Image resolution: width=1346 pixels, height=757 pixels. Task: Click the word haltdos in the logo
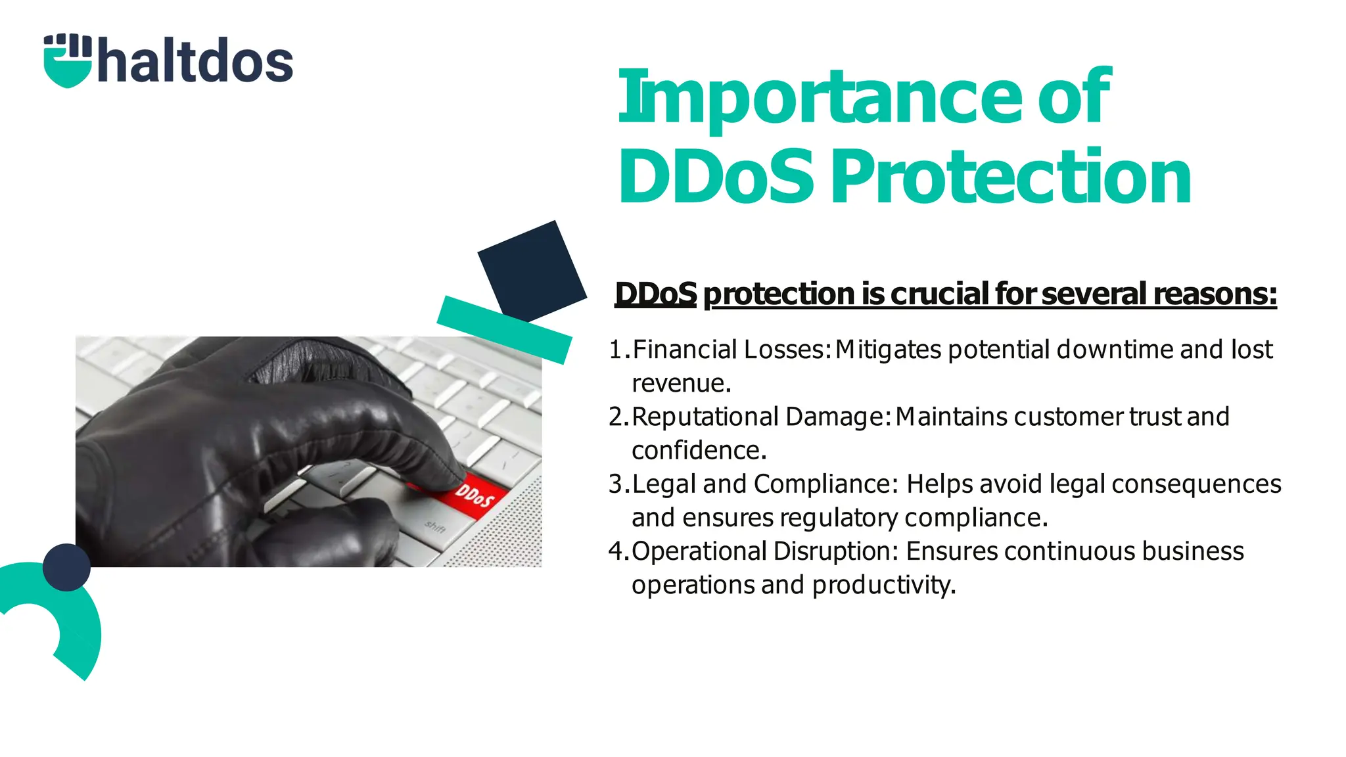pyautogui.click(x=195, y=61)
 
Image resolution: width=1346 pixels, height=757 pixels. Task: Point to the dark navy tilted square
pyautogui.click(x=532, y=271)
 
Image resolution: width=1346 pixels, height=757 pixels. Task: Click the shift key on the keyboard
pyautogui.click(x=436, y=526)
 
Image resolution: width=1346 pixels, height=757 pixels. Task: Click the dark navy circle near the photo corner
pyautogui.click(x=66, y=567)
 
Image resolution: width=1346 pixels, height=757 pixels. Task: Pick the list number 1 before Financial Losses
pyautogui.click(x=616, y=350)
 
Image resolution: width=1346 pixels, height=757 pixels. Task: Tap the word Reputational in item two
pyautogui.click(x=705, y=417)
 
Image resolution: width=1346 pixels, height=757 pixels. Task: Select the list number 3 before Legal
pyautogui.click(x=616, y=484)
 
